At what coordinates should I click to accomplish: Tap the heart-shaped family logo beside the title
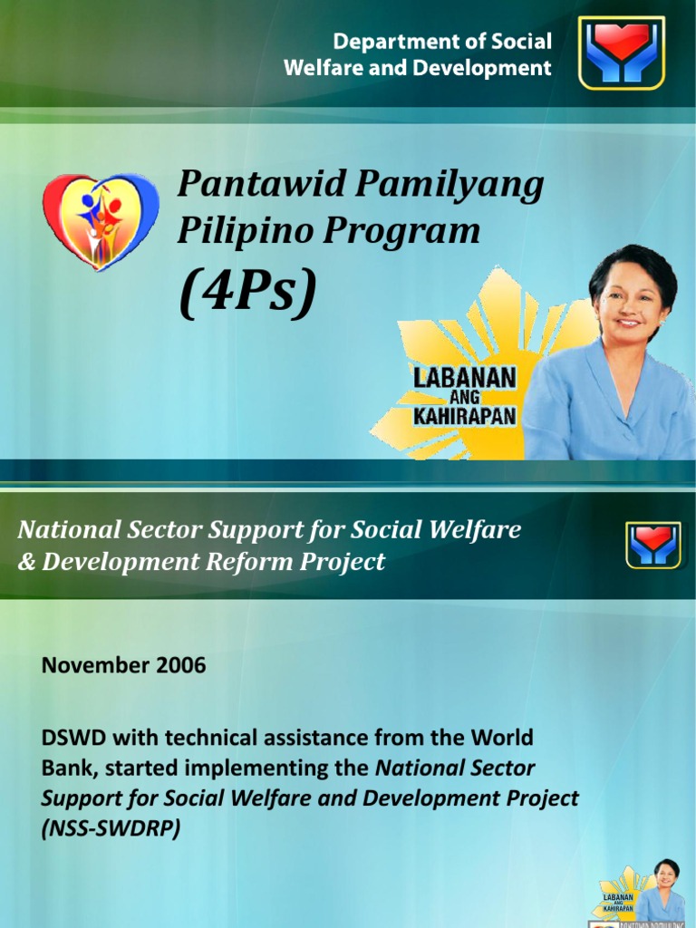click(x=101, y=221)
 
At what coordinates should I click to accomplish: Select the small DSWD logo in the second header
click(x=652, y=546)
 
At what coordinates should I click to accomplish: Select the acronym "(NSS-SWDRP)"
click(x=111, y=829)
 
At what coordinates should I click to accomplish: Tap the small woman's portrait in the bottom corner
click(x=665, y=884)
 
